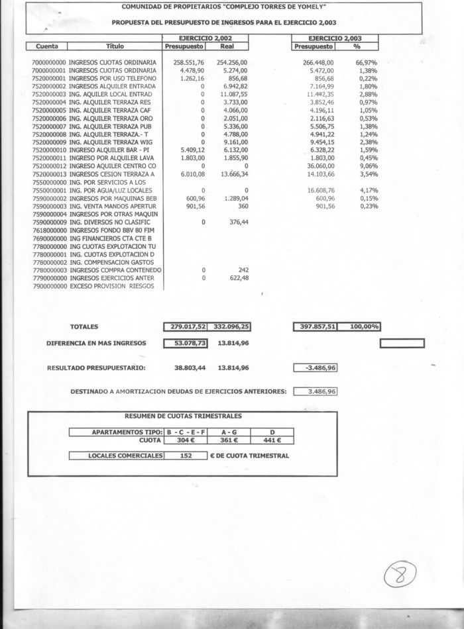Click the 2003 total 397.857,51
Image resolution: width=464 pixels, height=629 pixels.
click(x=316, y=326)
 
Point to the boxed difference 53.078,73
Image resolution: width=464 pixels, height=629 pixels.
click(x=187, y=343)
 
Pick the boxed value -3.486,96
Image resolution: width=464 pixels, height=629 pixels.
click(x=316, y=367)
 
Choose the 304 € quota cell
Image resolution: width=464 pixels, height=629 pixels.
click(x=187, y=439)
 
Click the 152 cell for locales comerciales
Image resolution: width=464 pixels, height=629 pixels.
click(x=186, y=456)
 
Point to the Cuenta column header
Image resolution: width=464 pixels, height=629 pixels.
click(x=47, y=47)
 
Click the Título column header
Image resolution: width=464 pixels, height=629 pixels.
click(x=115, y=47)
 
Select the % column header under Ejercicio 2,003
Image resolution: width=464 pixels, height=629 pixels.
click(x=357, y=47)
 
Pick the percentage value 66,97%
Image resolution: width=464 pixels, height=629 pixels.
click(x=367, y=62)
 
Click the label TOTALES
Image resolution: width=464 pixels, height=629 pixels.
click(x=84, y=326)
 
